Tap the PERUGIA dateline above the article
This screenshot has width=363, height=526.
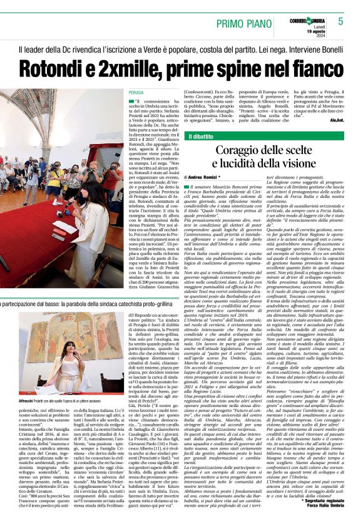coord(128,92)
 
